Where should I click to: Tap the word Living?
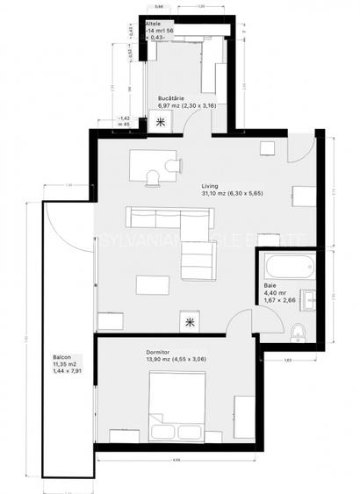(x=210, y=186)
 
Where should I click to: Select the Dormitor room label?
(x=159, y=353)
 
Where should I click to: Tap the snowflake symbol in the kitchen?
(x=160, y=122)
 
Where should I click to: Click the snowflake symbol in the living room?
(x=190, y=322)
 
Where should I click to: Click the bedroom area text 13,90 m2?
(x=161, y=360)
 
